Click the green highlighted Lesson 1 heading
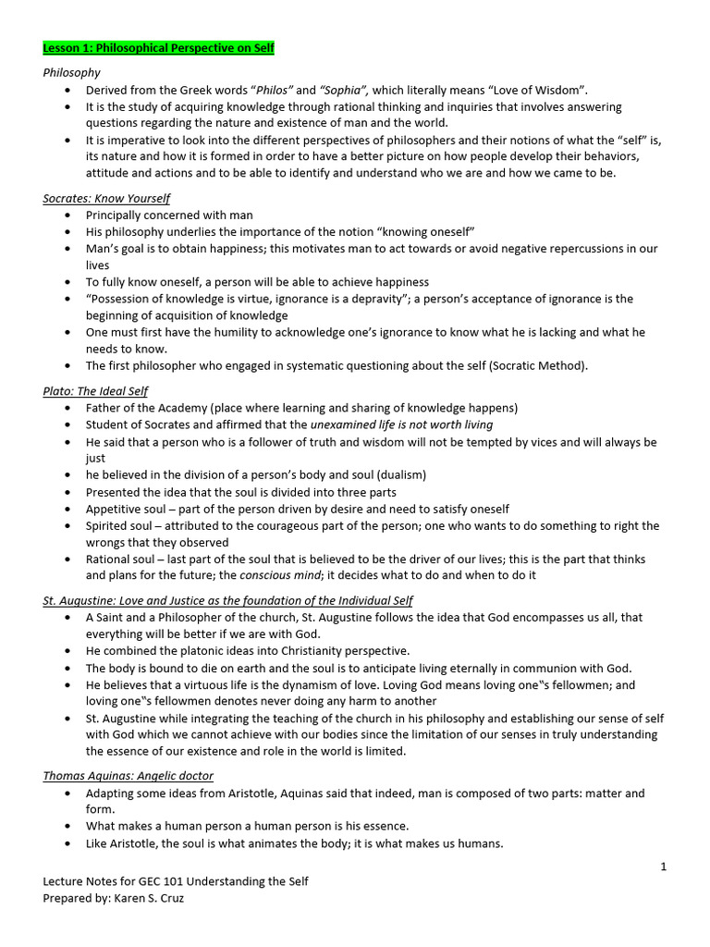click(158, 47)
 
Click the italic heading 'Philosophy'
click(72, 72)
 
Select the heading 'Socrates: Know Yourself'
click(106, 198)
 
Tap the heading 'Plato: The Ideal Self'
click(95, 391)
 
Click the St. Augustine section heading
click(227, 600)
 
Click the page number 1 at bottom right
click(663, 866)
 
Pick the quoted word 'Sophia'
click(344, 90)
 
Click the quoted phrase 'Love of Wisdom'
click(542, 90)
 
